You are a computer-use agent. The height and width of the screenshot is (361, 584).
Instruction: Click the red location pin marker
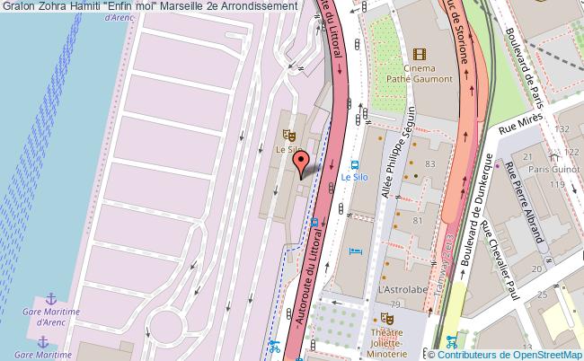303,163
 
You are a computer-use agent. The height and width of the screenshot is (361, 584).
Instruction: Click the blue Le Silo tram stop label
354,178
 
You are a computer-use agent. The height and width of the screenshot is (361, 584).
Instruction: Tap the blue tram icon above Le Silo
355,165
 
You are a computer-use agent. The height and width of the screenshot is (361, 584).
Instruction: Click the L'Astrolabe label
395,291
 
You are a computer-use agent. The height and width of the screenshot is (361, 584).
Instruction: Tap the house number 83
429,163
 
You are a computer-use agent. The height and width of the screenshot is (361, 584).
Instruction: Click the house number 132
563,129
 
